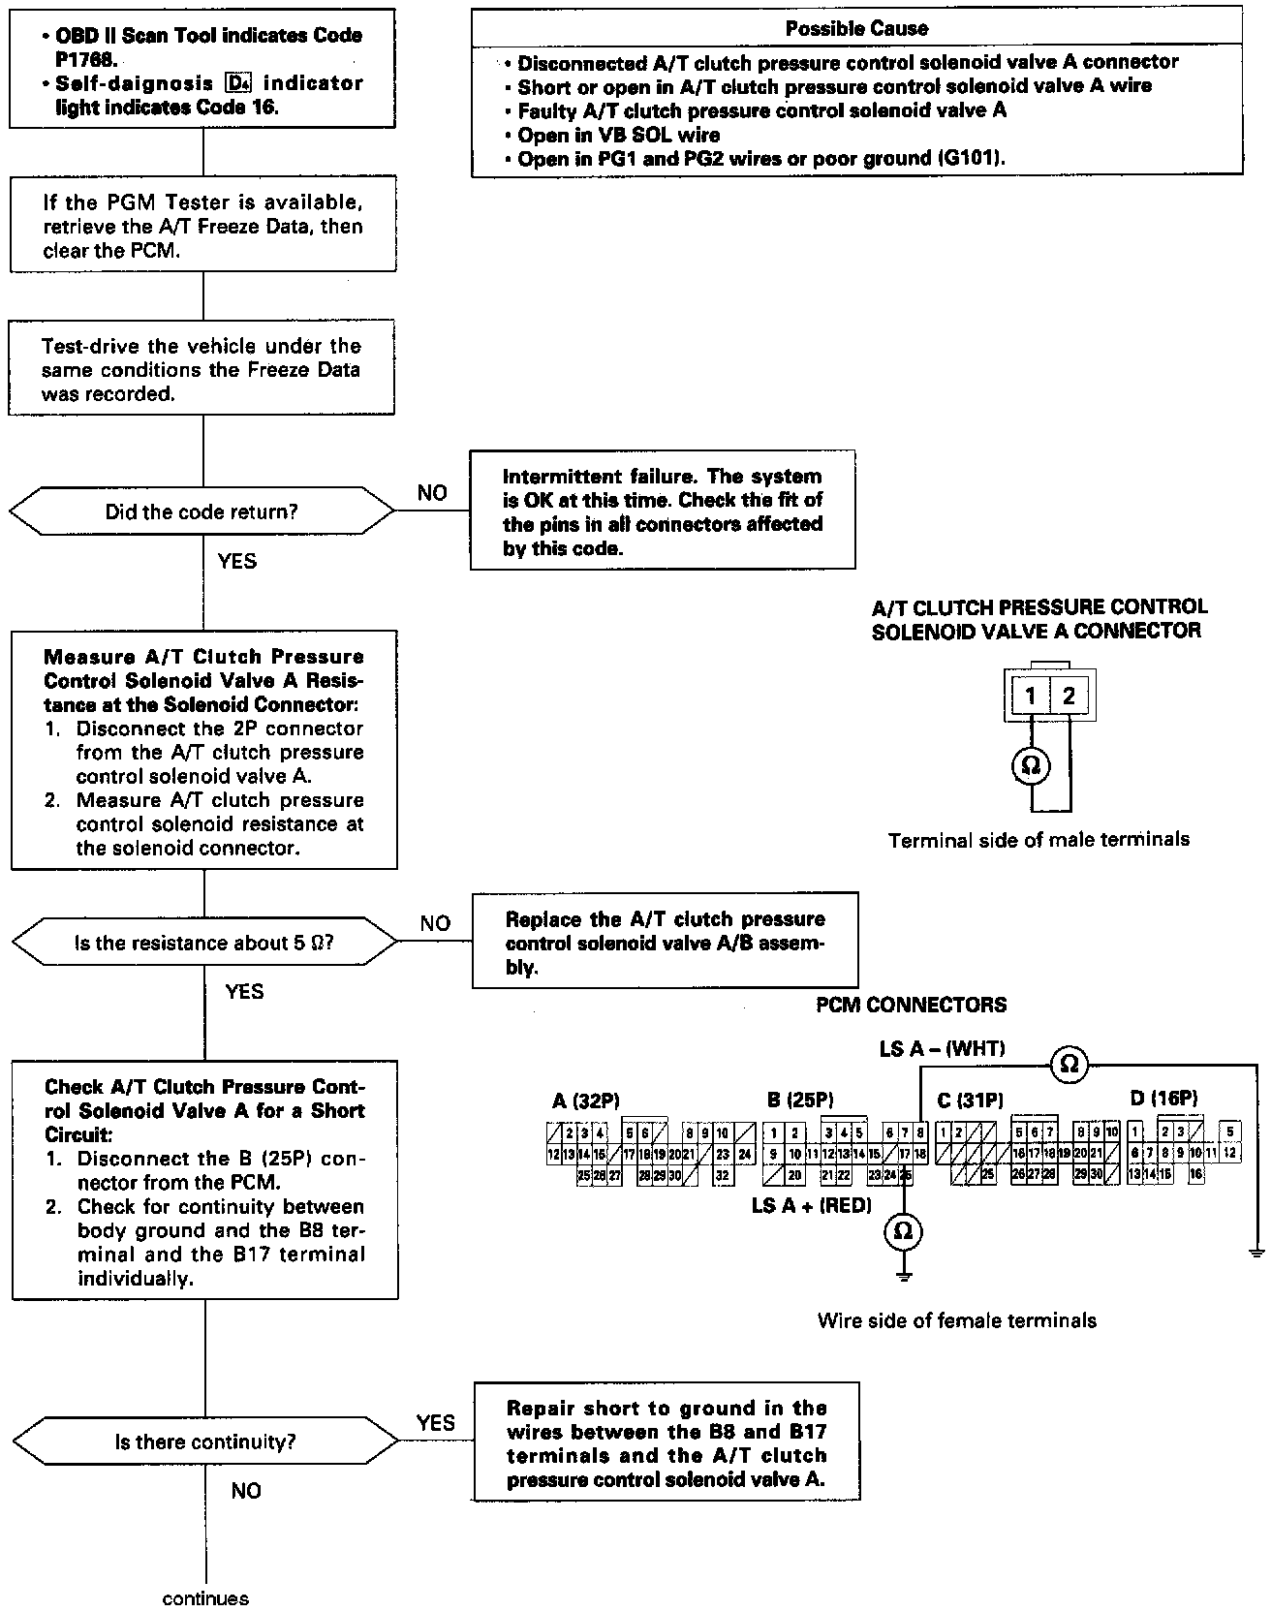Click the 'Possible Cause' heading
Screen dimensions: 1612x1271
point(856,29)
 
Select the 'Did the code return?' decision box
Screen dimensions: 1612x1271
point(201,511)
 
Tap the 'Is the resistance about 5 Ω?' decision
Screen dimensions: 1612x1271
point(203,943)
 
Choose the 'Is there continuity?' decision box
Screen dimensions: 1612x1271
point(204,1441)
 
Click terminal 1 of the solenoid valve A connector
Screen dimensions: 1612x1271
point(1031,696)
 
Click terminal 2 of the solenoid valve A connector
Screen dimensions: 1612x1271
point(1069,696)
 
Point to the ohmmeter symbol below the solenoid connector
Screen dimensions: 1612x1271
point(1031,766)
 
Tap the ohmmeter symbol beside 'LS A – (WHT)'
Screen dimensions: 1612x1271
point(1069,1064)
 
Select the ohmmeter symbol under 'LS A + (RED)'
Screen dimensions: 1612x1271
point(903,1231)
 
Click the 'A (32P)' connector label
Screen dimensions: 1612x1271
point(586,1100)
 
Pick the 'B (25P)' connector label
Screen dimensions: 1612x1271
point(800,1100)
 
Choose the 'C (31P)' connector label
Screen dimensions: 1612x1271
point(970,1100)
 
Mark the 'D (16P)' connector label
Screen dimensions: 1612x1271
point(1163,1099)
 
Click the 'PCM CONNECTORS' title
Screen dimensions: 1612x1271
point(911,1006)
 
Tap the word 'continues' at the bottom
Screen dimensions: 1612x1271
point(205,1598)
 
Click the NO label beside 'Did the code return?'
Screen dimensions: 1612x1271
point(432,493)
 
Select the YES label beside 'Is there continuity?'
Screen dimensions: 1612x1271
point(436,1422)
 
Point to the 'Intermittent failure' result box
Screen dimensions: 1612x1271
point(663,510)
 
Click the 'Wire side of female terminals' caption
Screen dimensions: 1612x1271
point(957,1320)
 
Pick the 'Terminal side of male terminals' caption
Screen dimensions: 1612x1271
point(1038,840)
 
